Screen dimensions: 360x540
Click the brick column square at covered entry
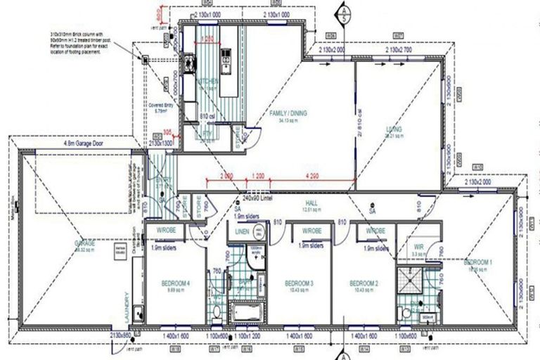tap(145, 59)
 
